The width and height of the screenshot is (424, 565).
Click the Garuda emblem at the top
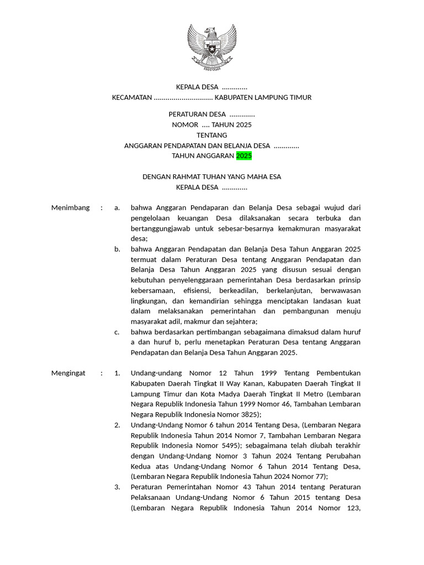pos(212,47)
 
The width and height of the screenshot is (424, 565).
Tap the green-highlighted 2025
pos(244,156)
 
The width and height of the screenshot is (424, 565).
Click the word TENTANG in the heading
pos(212,135)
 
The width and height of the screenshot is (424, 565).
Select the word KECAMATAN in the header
pos(132,98)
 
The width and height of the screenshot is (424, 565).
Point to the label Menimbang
pos(70,207)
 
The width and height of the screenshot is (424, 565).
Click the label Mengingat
pos(68,373)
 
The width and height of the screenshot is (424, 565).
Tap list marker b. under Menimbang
pos(118,249)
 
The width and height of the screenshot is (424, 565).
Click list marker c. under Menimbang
pos(117,332)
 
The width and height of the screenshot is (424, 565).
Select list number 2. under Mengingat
pos(117,425)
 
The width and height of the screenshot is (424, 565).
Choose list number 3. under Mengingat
pos(117,487)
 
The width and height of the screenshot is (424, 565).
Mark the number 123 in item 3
pos(351,508)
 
